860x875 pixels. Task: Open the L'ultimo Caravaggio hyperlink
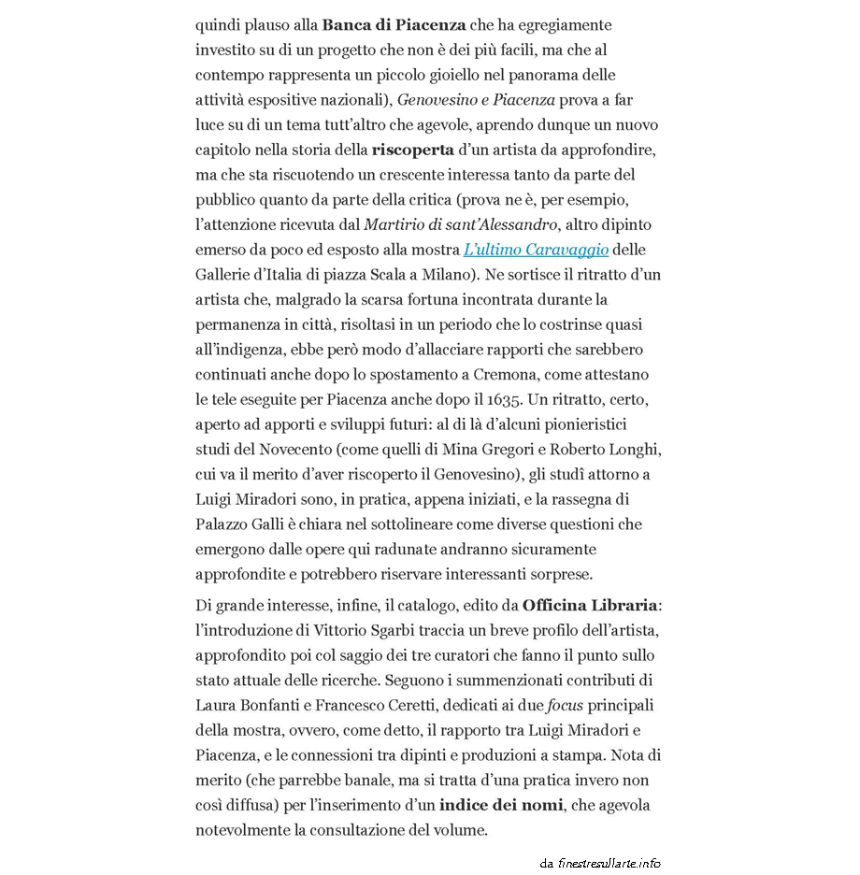537,250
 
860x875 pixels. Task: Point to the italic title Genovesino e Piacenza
477,99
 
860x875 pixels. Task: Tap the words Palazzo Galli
238,524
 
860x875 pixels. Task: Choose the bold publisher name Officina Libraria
590,605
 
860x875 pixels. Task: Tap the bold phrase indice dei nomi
501,805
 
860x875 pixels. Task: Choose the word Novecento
276,449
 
